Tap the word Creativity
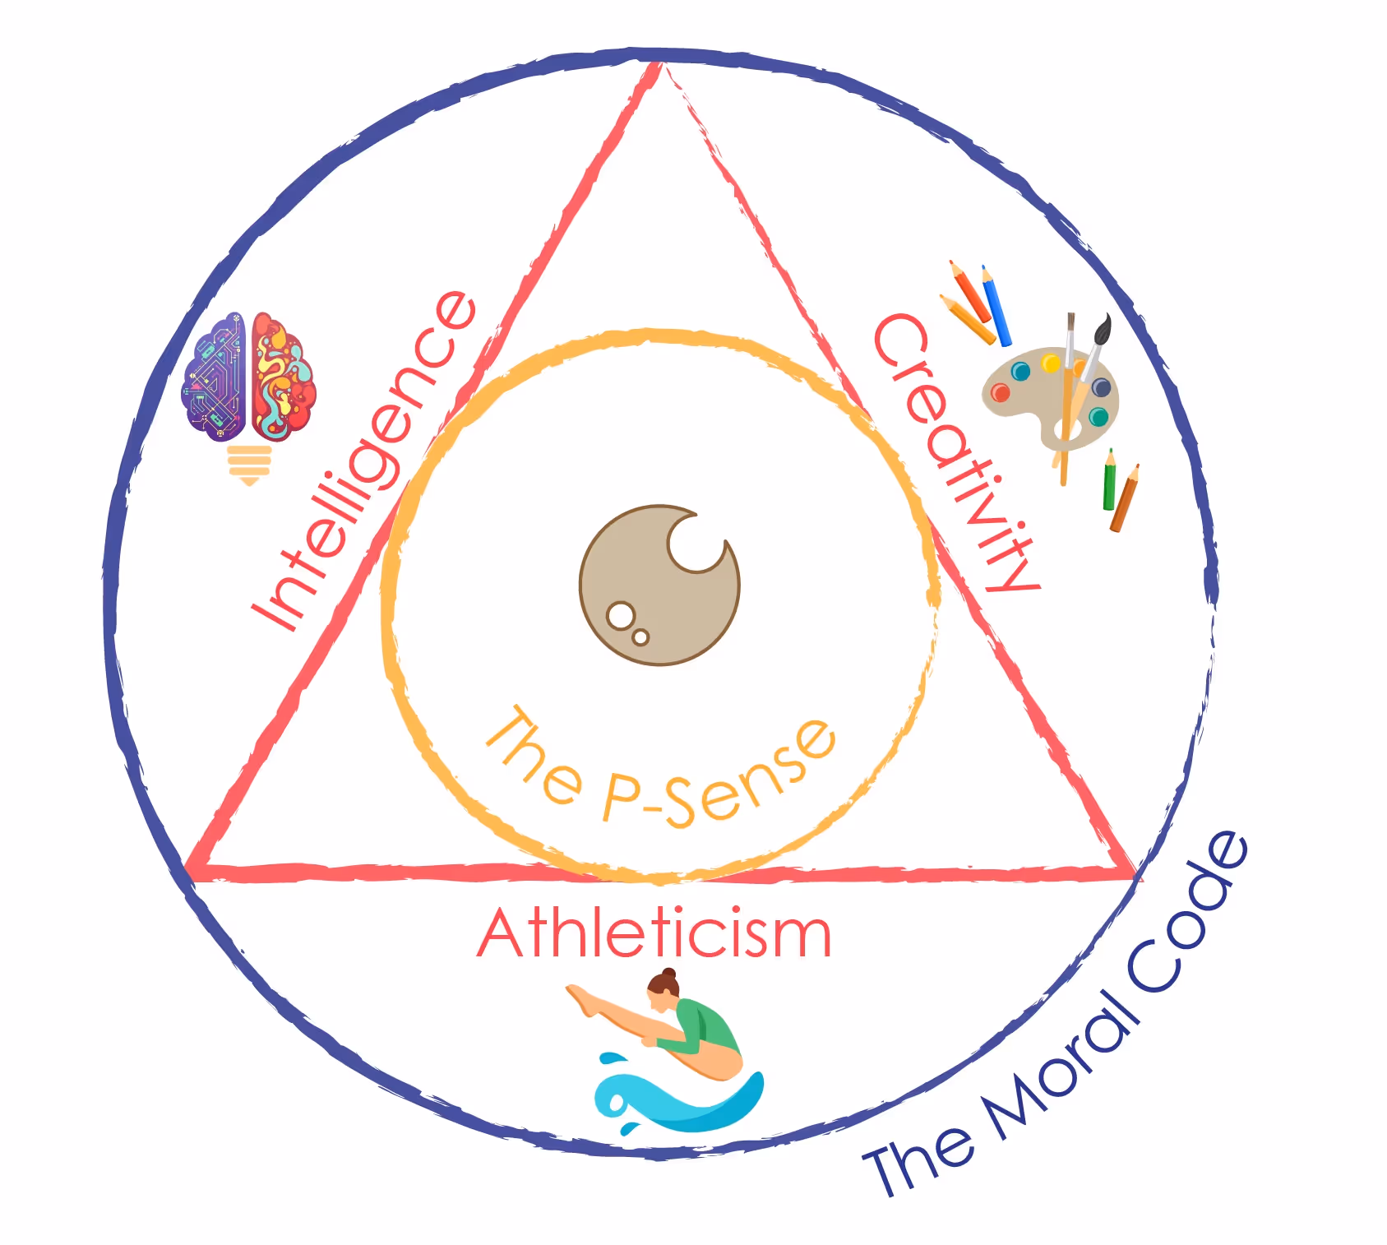(954, 452)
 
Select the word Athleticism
(654, 934)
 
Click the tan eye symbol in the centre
(659, 585)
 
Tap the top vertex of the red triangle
(657, 66)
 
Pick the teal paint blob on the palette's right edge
(1098, 417)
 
